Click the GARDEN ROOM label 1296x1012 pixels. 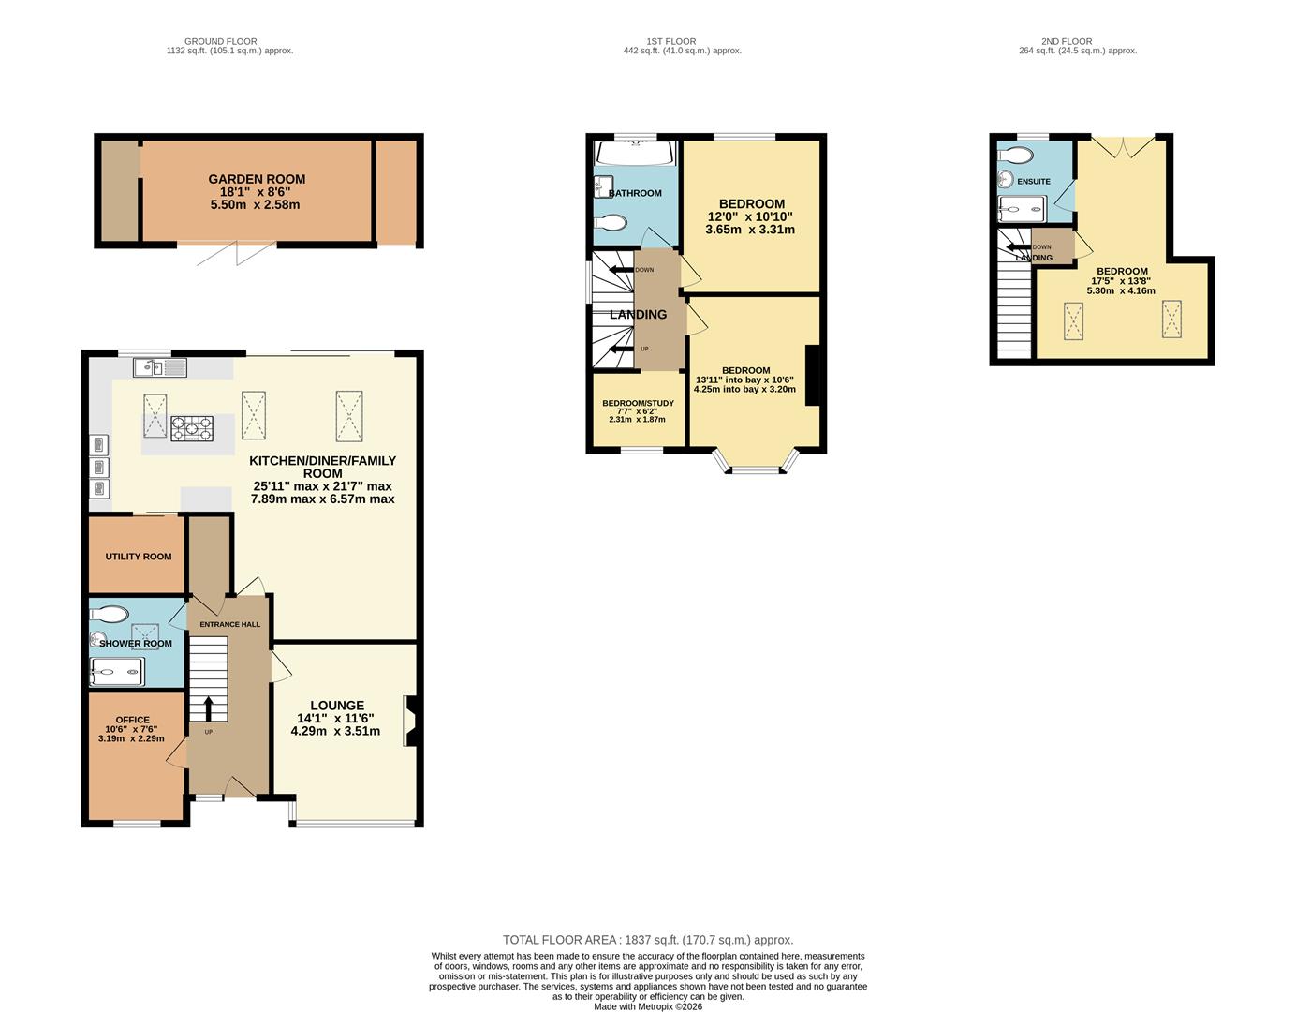click(x=257, y=179)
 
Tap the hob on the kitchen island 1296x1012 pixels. click(x=191, y=428)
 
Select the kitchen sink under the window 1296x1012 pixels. click(x=160, y=367)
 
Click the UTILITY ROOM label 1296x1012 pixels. click(x=139, y=557)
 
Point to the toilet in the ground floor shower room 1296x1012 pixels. click(x=110, y=614)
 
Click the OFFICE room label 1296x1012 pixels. click(x=132, y=720)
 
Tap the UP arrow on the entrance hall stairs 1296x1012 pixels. click(x=209, y=708)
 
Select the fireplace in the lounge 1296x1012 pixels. click(x=409, y=721)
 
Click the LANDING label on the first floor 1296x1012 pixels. click(x=639, y=315)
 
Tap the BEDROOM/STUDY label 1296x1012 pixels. click(x=638, y=403)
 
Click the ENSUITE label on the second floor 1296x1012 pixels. click(x=1034, y=181)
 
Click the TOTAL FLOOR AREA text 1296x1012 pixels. click(x=648, y=940)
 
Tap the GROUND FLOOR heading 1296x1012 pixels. click(x=221, y=41)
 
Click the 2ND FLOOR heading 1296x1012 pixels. click(x=1067, y=41)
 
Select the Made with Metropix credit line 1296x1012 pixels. click(x=648, y=1006)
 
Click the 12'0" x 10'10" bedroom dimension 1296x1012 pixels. click(x=750, y=216)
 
